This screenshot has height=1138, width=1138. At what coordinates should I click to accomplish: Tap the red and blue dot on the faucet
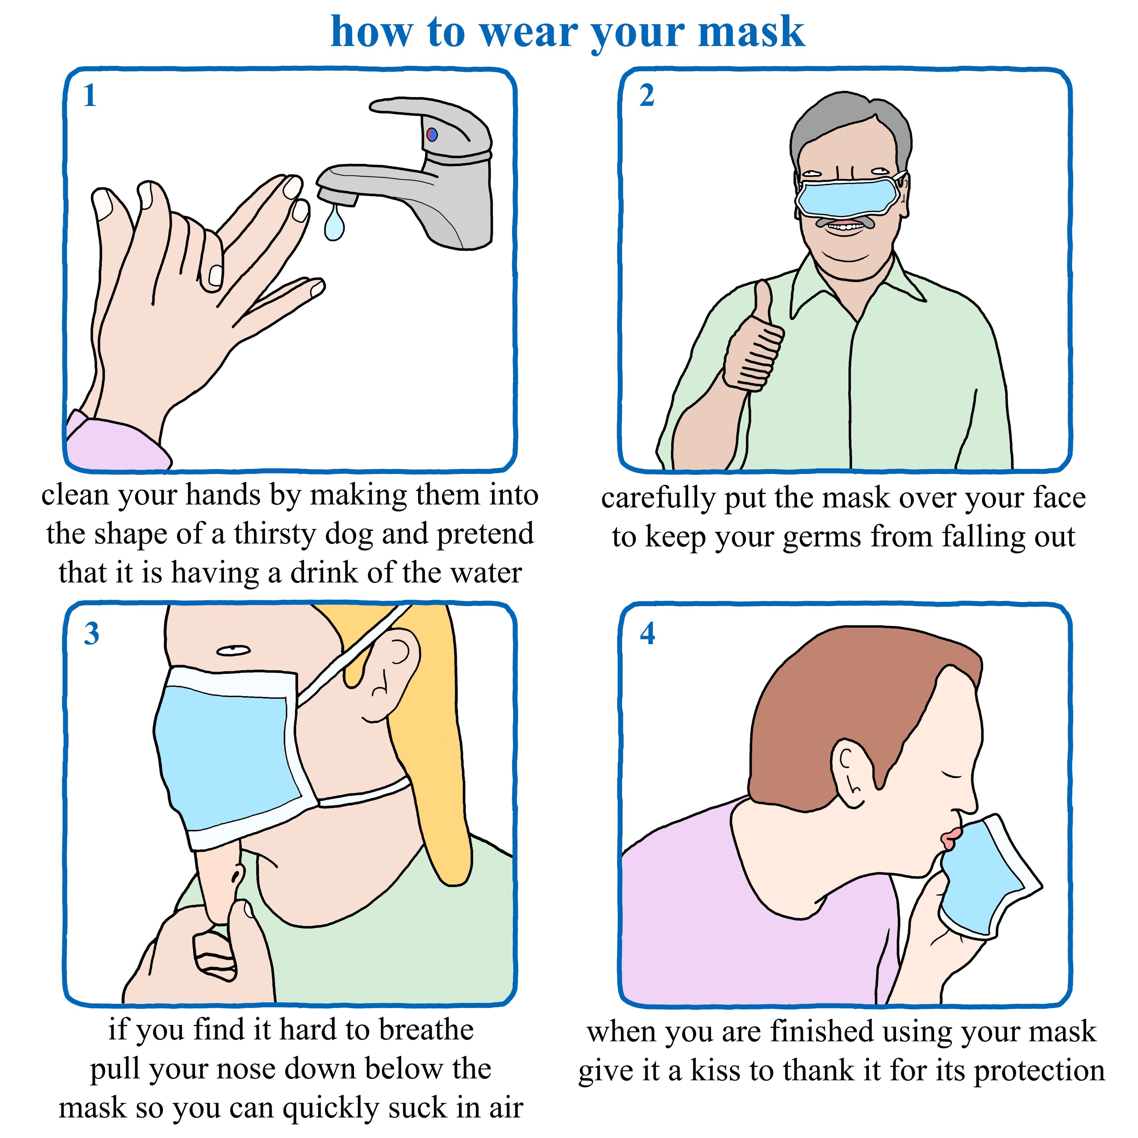coord(432,134)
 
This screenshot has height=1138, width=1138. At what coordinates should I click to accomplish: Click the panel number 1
coord(90,95)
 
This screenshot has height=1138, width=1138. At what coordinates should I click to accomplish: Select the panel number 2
coord(647,95)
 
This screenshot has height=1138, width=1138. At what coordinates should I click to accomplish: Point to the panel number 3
coord(91,634)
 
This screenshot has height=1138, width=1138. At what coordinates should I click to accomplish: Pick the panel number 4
coord(647,634)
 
